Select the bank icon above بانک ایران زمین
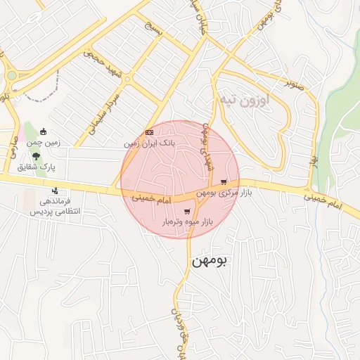(x=149, y=132)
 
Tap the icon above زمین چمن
(x=43, y=131)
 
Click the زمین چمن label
(x=44, y=142)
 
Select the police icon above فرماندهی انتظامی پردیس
(x=55, y=191)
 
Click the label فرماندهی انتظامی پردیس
(x=63, y=206)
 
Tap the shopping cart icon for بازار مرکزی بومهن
(x=224, y=181)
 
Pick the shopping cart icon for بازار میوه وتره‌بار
(x=186, y=212)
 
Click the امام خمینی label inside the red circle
(x=151, y=200)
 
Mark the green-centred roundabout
(x=12, y=76)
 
